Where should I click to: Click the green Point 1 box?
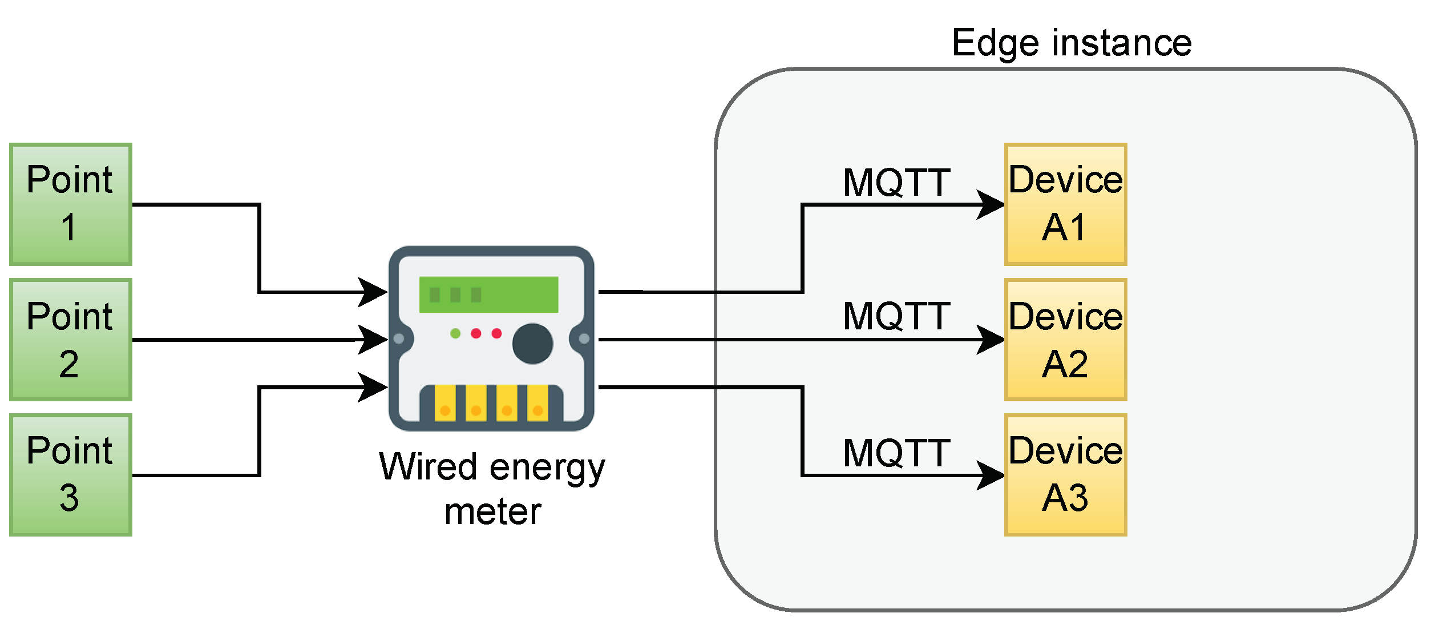pyautogui.click(x=71, y=204)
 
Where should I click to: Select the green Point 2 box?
pyautogui.click(x=71, y=340)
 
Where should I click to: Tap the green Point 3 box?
pyautogui.click(x=71, y=475)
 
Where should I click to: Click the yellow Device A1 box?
pyautogui.click(x=1065, y=204)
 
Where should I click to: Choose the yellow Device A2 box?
pyautogui.click(x=1065, y=340)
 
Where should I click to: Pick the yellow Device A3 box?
pyautogui.click(x=1065, y=475)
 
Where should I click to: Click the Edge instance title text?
pyautogui.click(x=1072, y=43)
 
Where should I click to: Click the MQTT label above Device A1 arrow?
pyautogui.click(x=896, y=183)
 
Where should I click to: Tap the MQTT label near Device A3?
pyautogui.click(x=896, y=453)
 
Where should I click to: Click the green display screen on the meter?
pyautogui.click(x=488, y=295)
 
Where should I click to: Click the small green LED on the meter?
pyautogui.click(x=455, y=333)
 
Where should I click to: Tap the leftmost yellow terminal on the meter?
pyautogui.click(x=445, y=404)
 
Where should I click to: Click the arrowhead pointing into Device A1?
pyautogui.click(x=992, y=204)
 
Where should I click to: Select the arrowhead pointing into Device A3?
pyautogui.click(x=992, y=475)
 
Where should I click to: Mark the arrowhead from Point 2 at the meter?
pyautogui.click(x=374, y=340)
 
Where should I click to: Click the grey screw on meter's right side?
pyautogui.click(x=584, y=338)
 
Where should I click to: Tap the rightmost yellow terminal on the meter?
pyautogui.click(x=537, y=404)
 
